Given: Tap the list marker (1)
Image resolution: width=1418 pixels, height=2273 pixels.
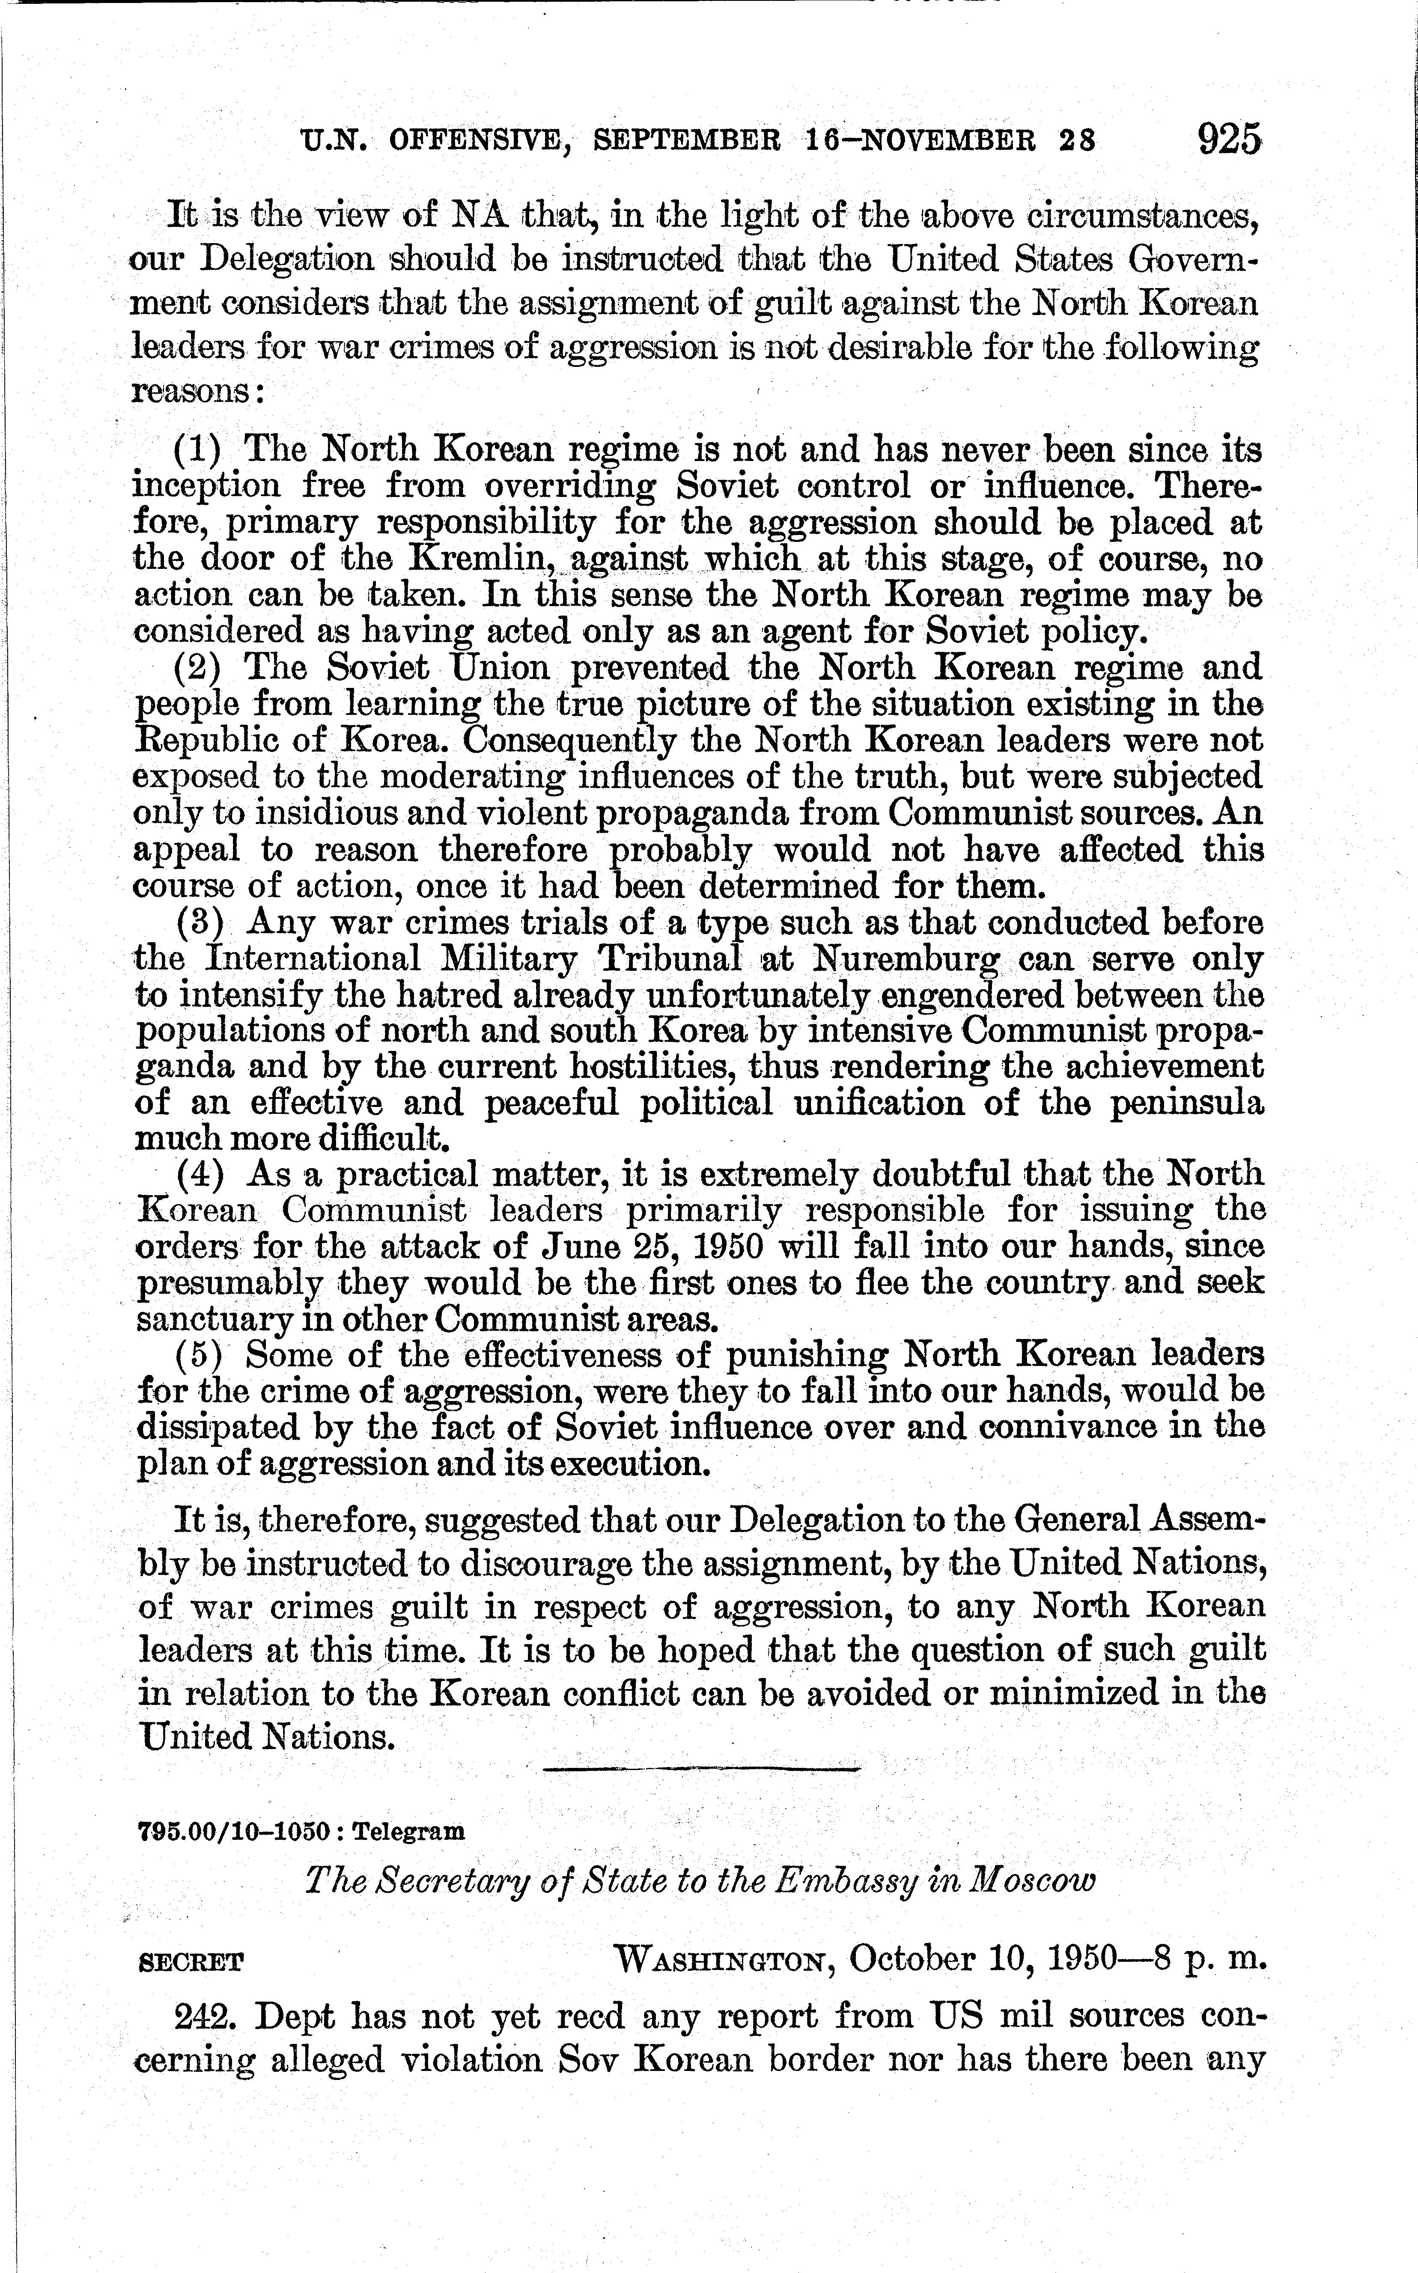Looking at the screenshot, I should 198,450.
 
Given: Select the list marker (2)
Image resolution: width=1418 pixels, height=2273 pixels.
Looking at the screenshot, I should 198,668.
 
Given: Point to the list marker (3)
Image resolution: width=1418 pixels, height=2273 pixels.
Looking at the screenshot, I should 200,923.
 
